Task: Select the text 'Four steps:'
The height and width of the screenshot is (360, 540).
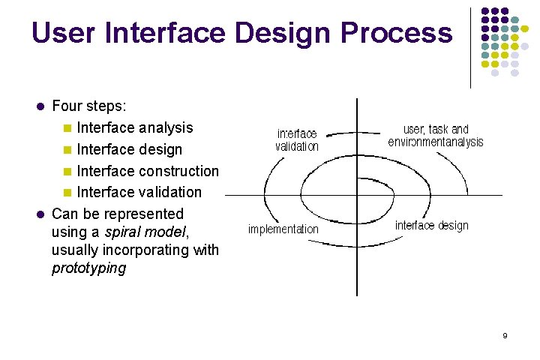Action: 88,106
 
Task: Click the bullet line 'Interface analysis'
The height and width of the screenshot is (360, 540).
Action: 135,128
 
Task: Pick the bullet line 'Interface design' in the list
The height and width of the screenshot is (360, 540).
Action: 129,150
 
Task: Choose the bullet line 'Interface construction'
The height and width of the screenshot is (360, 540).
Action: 148,171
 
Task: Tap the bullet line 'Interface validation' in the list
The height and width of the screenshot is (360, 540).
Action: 139,193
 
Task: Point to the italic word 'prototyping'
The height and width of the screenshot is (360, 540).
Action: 88,268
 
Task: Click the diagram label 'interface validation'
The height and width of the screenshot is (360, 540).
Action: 296,140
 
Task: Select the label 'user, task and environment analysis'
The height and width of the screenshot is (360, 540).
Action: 436,136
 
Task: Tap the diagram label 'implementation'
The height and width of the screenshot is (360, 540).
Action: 283,229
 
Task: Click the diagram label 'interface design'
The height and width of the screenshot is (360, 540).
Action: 431,226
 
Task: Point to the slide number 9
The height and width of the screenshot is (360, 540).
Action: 505,335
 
